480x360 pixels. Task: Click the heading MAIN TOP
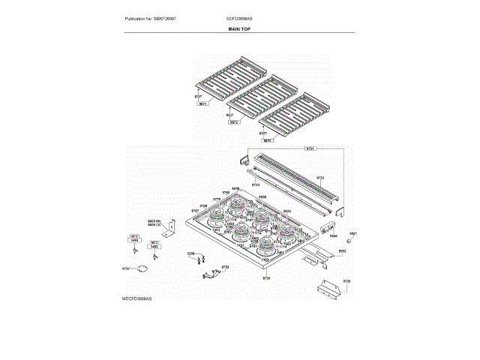(240, 28)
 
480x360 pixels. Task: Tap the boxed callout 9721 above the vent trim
(310, 148)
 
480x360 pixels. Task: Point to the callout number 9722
(320, 178)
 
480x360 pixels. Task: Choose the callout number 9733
(255, 184)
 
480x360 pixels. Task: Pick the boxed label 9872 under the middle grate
(234, 121)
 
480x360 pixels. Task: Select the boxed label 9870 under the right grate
(267, 140)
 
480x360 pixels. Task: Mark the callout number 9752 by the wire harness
(225, 266)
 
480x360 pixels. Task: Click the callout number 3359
(190, 254)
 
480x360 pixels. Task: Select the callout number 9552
(341, 250)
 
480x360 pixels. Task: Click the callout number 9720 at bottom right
(346, 280)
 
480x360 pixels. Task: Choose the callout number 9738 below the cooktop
(265, 277)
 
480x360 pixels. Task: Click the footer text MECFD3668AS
(136, 298)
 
